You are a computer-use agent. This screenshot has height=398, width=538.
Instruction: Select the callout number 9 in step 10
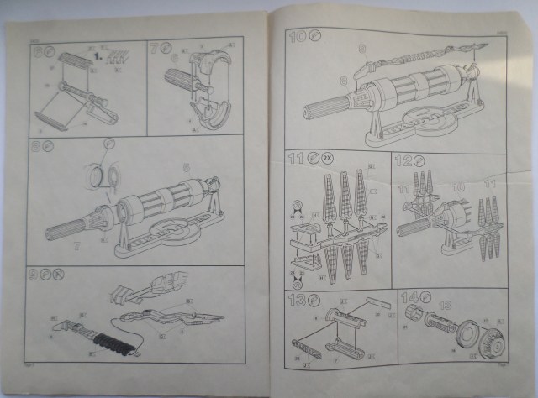[361, 48]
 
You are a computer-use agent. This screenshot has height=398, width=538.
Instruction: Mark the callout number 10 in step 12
[459, 186]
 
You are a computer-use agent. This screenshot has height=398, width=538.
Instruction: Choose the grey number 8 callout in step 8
[187, 164]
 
